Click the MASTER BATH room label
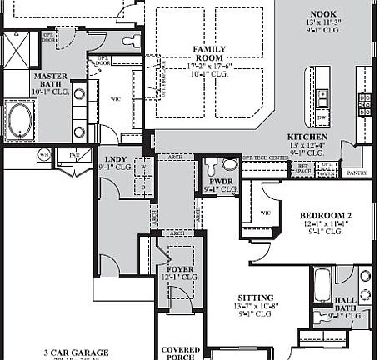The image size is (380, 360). point(50,80)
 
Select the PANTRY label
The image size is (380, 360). point(357,172)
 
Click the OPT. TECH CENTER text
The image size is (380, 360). point(265,157)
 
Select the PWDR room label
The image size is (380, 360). point(221,181)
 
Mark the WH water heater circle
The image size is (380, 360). point(43,154)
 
